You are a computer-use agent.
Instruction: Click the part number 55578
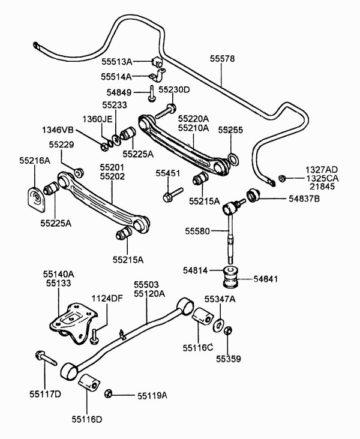point(223,59)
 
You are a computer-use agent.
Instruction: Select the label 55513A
point(116,62)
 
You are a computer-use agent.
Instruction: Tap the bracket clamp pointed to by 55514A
point(158,76)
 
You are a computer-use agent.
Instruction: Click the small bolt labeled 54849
point(152,94)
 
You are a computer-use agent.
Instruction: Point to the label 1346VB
point(58,130)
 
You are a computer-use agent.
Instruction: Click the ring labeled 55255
point(233,160)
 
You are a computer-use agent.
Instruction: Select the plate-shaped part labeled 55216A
point(36,199)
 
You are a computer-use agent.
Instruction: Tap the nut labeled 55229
point(79,173)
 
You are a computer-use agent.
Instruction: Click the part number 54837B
point(304,199)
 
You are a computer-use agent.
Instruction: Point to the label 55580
point(197,231)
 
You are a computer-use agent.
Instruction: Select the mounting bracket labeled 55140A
point(73,323)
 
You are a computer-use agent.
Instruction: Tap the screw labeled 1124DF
point(95,337)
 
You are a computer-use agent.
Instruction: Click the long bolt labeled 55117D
point(46,358)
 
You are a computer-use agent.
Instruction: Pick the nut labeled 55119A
point(108,393)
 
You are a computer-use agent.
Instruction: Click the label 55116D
point(87,419)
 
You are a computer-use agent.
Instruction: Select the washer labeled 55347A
point(218,325)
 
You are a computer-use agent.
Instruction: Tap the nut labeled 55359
point(228,330)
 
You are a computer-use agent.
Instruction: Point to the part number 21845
point(322,187)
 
